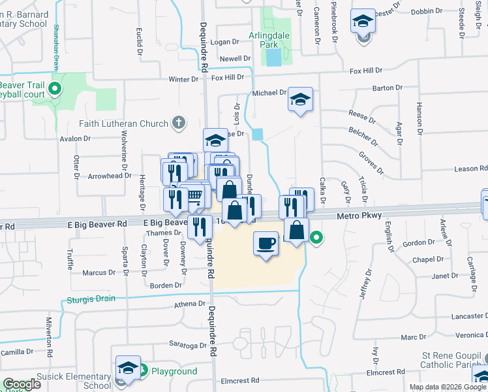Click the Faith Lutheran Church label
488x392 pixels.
click(124, 123)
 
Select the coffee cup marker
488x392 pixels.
click(265, 244)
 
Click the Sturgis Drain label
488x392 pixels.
click(91, 299)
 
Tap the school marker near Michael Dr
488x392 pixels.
click(300, 100)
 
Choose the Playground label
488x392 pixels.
click(174, 371)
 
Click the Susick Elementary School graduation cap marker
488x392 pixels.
click(128, 368)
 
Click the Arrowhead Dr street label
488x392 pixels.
click(105, 176)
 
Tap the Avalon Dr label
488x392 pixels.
click(75, 139)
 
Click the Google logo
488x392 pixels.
click(22, 384)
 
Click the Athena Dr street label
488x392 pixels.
click(189, 304)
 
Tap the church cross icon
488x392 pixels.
click(178, 122)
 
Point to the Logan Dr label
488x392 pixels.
click(226, 42)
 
